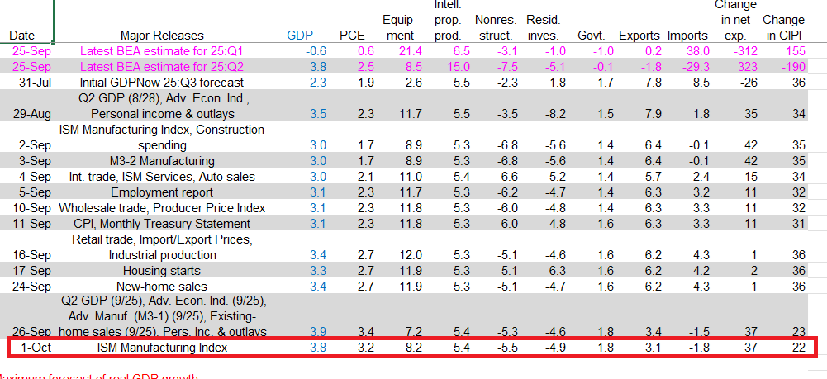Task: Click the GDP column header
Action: tap(299, 36)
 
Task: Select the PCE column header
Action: tap(351, 36)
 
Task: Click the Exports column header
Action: tap(639, 36)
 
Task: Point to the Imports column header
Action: tap(687, 36)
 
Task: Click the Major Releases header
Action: tap(163, 36)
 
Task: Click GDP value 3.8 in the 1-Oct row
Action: tap(317, 348)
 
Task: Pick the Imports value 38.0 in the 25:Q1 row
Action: tap(692, 51)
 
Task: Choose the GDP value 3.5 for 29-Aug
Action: tap(317, 114)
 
